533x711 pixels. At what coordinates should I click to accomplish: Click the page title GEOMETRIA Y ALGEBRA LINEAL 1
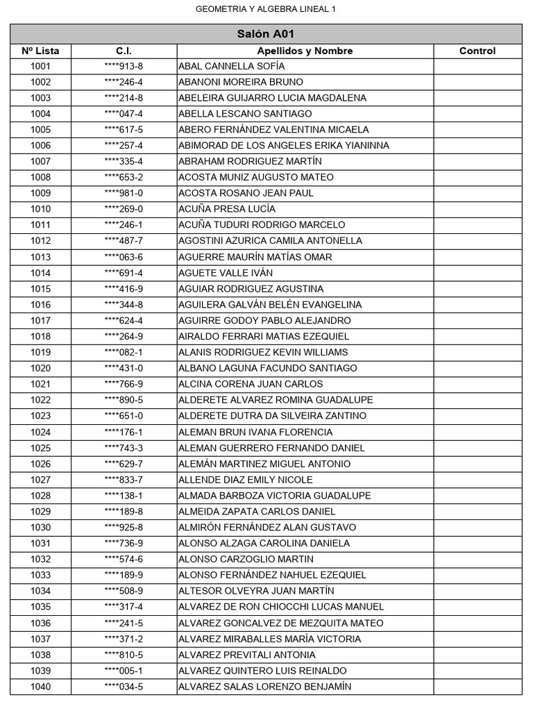[x=266, y=9]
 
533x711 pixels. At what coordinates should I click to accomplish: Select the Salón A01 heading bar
[x=266, y=34]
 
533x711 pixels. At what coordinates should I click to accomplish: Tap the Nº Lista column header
[x=40, y=51]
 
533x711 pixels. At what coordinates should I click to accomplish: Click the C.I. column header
[x=124, y=51]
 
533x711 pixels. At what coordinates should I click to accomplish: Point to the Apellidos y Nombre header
[x=305, y=51]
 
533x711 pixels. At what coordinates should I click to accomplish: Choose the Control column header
[x=477, y=51]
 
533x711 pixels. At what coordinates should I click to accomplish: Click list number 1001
[x=40, y=67]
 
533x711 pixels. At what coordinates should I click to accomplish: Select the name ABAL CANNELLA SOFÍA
[x=231, y=67]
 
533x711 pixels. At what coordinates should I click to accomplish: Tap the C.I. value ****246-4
[x=124, y=82]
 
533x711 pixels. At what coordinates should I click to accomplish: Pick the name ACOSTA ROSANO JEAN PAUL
[x=246, y=193]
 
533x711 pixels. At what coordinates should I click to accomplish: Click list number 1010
[x=40, y=209]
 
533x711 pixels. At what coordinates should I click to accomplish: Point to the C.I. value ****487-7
[x=124, y=241]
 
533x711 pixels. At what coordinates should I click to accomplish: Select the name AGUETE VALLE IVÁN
[x=226, y=273]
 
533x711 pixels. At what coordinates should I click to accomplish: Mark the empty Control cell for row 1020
[x=477, y=368]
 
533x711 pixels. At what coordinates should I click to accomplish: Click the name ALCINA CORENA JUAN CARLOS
[x=251, y=384]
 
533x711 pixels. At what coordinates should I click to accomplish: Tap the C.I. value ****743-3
[x=124, y=448]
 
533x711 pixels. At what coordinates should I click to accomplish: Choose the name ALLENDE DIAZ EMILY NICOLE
[x=245, y=480]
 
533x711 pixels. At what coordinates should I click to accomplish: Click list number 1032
[x=40, y=559]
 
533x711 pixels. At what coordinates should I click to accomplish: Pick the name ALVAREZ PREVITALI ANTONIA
[x=246, y=655]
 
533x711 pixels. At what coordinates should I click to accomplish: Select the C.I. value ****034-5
[x=124, y=687]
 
